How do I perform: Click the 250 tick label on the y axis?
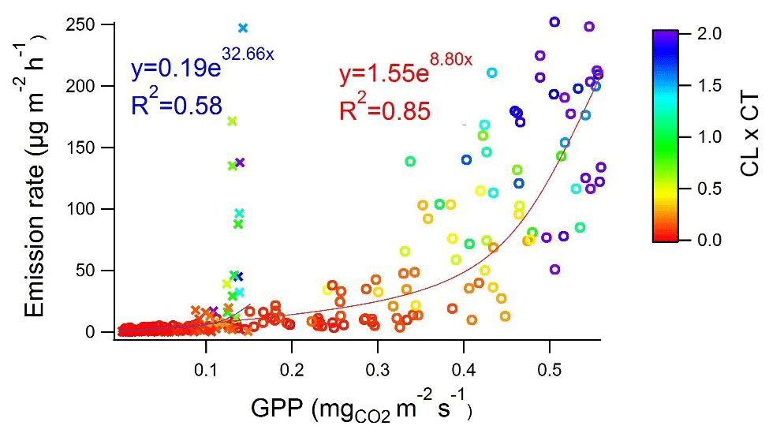82,24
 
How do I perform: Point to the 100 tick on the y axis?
82,209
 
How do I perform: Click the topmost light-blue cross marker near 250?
243,28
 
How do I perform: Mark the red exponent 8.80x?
450,58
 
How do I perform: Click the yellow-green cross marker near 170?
232,121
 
